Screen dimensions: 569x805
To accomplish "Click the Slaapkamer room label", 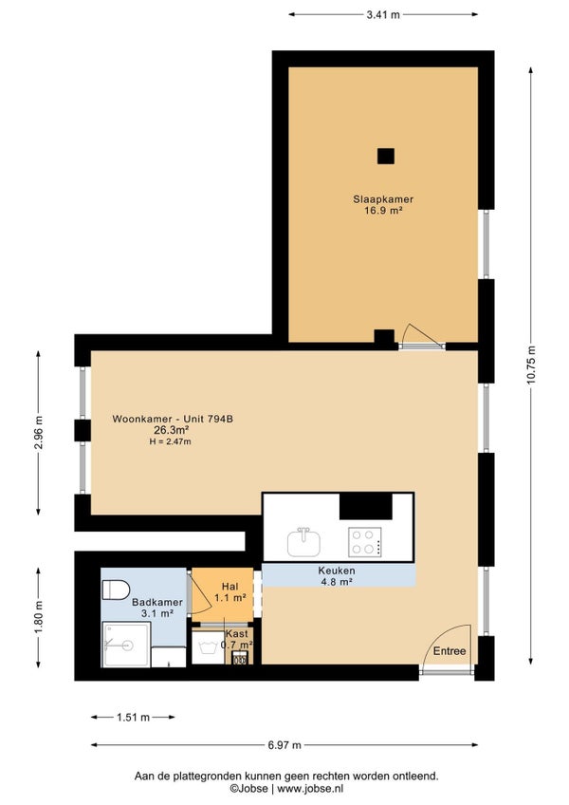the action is point(383,199).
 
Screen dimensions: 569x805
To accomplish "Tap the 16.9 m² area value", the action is point(383,210).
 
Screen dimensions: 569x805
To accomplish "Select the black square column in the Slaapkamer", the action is point(386,156).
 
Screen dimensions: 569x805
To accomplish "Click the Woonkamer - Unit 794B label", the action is point(173,419).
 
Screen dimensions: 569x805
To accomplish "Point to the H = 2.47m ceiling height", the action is point(171,441).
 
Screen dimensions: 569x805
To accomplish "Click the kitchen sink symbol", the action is point(303,542).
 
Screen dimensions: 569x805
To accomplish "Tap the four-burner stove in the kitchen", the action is point(365,542).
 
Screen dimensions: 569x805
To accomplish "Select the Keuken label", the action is point(337,571).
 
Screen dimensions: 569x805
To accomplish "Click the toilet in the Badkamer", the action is point(116,590).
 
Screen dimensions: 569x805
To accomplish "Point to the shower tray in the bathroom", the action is point(126,645).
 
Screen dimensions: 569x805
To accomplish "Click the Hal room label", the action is point(229,587).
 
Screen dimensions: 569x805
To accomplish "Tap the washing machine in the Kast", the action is point(209,647).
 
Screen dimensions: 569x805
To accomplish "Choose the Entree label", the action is point(450,651).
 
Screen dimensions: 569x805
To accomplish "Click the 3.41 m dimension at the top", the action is point(383,15).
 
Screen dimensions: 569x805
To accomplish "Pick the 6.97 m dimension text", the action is point(284,745).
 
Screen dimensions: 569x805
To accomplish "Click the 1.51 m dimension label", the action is point(133,718).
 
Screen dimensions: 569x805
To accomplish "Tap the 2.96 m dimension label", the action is point(39,432).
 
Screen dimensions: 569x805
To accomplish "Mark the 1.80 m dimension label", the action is point(39,617).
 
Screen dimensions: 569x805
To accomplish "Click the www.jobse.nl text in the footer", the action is point(310,788).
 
